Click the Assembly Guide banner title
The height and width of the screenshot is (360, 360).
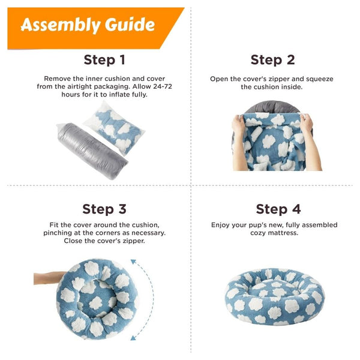coord(88,25)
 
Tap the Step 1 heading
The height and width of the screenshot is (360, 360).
coord(104,60)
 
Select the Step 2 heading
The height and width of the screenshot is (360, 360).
coord(272,60)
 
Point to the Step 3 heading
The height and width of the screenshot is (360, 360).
coord(104,209)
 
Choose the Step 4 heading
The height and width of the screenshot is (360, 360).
coord(278,209)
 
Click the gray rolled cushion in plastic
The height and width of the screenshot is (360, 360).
coord(92,151)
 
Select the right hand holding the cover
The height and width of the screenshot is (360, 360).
coord(310,142)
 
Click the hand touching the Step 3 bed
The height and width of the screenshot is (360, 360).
coord(49,278)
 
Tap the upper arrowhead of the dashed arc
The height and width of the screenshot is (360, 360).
coord(133,262)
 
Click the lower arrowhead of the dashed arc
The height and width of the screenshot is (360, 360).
coord(133,338)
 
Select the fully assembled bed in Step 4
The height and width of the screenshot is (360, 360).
coord(274,296)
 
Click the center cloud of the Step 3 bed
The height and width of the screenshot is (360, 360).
coord(95,302)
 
